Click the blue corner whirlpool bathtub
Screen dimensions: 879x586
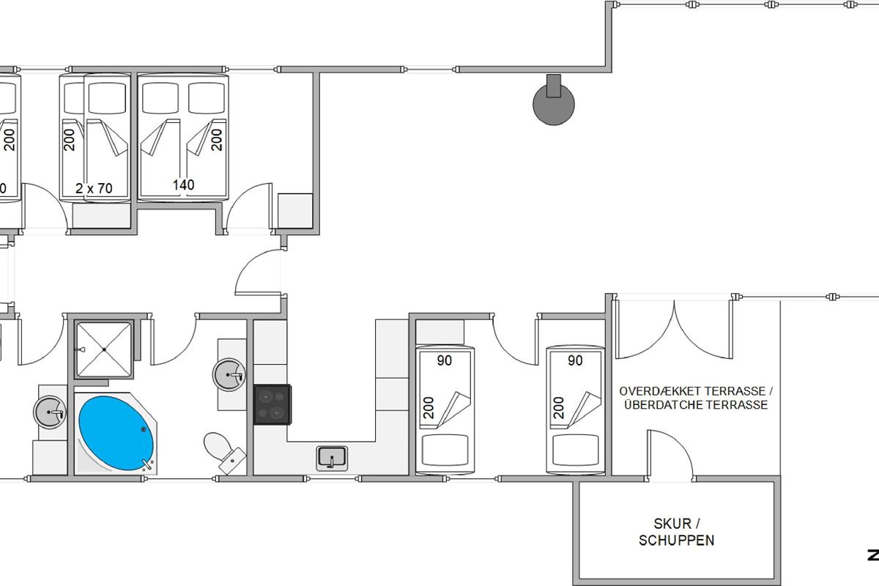point(116,434)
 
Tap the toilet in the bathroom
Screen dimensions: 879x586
point(224,453)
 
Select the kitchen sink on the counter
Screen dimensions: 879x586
point(332,459)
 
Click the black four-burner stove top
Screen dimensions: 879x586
point(272,404)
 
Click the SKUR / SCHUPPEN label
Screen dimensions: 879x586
point(677,532)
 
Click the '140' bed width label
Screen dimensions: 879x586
point(183,185)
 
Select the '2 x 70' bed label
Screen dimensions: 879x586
point(94,188)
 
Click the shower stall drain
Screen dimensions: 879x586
point(104,349)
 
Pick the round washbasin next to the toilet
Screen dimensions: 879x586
point(229,375)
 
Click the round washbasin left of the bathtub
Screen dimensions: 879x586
point(50,412)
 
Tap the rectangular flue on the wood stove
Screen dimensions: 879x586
point(554,86)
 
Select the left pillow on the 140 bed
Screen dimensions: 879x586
point(160,97)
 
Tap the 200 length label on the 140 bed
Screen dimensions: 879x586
point(216,140)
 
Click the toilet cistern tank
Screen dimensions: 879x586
point(232,461)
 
